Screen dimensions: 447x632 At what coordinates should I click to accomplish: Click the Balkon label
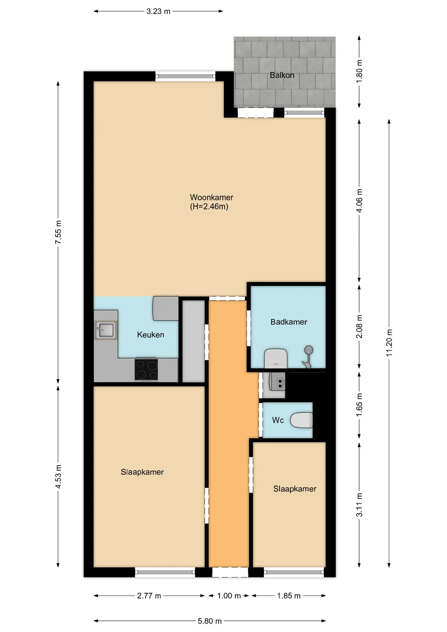click(x=282, y=75)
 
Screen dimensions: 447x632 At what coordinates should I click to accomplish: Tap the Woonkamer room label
click(x=212, y=197)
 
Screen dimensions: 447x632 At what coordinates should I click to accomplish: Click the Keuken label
click(x=150, y=335)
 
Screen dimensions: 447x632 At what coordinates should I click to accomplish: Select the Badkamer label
click(x=289, y=322)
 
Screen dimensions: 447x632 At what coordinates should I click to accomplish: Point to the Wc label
click(x=278, y=420)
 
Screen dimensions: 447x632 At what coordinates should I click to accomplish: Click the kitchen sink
click(x=106, y=330)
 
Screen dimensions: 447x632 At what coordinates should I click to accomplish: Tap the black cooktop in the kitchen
click(x=146, y=370)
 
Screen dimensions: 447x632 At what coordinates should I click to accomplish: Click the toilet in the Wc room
click(x=302, y=420)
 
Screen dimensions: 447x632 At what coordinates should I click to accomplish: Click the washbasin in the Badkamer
click(x=276, y=358)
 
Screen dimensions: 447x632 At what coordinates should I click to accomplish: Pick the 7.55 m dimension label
click(x=58, y=232)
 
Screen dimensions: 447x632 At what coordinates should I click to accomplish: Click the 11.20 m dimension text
click(x=389, y=343)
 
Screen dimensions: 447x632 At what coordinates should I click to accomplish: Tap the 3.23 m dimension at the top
click(x=158, y=12)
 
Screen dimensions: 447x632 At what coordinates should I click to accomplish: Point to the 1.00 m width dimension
click(x=229, y=596)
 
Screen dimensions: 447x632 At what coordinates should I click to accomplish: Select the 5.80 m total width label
click(x=210, y=621)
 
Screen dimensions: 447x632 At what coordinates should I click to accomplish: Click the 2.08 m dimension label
click(x=359, y=327)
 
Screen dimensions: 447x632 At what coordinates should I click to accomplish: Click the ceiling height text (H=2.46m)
click(x=209, y=207)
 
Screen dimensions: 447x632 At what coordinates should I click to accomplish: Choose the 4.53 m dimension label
click(x=58, y=477)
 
